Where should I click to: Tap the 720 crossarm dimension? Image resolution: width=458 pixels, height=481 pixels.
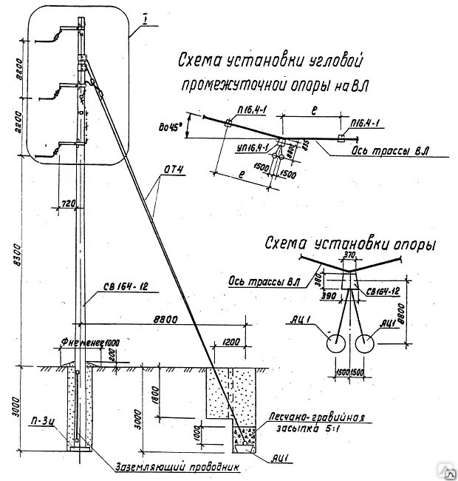click(66, 201)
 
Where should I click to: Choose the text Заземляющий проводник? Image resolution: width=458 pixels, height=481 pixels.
click(178, 466)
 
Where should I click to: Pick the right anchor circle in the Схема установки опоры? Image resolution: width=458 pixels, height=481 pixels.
click(363, 344)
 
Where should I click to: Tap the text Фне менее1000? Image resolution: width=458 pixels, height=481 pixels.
click(81, 343)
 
